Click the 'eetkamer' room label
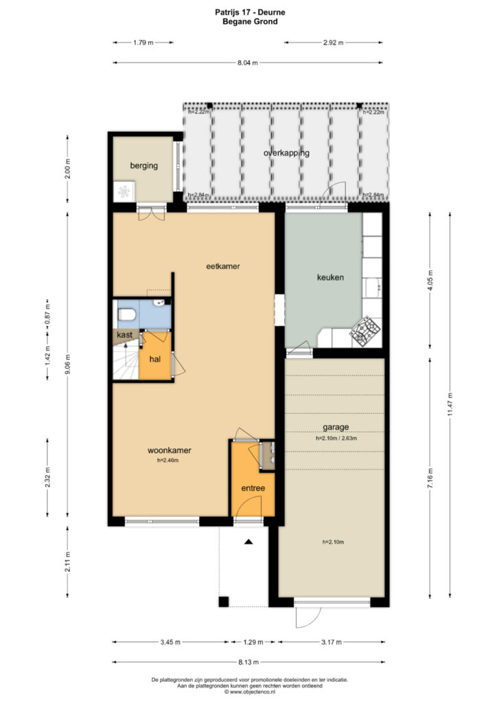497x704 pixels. click(222, 266)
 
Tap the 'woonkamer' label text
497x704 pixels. click(170, 450)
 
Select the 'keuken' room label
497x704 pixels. click(330, 278)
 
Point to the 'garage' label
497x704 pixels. click(336, 428)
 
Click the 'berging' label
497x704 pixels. click(144, 166)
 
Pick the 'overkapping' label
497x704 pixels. click(286, 153)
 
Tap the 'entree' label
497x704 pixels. click(253, 488)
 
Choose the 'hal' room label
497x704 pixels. click(155, 359)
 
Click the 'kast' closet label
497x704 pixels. click(124, 335)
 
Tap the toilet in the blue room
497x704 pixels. click(126, 315)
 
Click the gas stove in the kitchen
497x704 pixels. click(365, 331)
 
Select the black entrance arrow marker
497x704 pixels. click(248, 542)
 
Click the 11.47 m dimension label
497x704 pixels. click(450, 405)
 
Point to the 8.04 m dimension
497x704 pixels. click(248, 63)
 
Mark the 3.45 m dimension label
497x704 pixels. click(170, 642)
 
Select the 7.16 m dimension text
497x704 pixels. click(430, 478)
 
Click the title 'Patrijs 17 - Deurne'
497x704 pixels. click(250, 12)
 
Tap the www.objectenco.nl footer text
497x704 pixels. click(250, 692)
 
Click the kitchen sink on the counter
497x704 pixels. click(372, 288)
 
